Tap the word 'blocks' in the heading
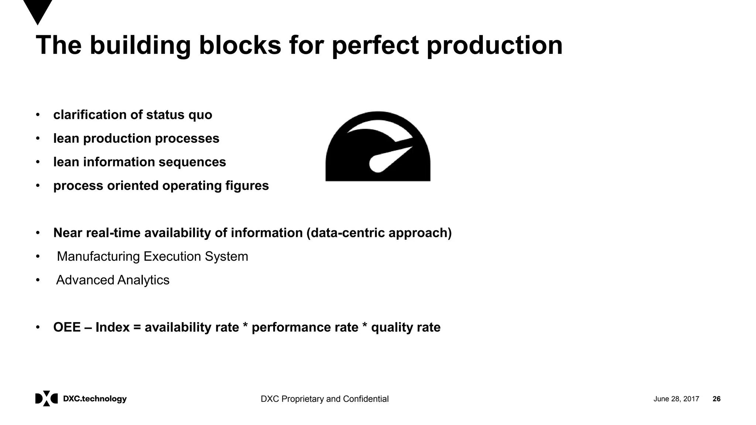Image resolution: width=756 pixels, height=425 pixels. click(240, 46)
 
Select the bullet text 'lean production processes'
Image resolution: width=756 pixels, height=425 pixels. click(136, 139)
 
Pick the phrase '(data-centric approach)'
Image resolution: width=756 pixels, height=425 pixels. click(379, 233)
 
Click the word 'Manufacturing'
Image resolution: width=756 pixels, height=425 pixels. click(98, 257)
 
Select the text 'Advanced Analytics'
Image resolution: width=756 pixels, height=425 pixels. click(113, 280)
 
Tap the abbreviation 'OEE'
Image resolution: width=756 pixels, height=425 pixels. click(67, 328)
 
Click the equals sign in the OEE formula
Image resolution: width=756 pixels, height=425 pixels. click(137, 328)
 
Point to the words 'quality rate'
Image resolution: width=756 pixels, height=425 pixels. click(406, 328)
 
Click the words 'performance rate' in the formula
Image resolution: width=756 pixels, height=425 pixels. click(305, 328)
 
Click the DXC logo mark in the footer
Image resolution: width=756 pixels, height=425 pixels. click(47, 398)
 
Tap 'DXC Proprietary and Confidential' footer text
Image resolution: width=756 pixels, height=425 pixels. click(324, 399)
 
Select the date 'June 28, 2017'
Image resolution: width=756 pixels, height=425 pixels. click(676, 399)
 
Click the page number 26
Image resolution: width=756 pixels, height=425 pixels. click(716, 399)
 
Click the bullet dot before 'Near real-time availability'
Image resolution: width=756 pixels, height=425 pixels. click(38, 233)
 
